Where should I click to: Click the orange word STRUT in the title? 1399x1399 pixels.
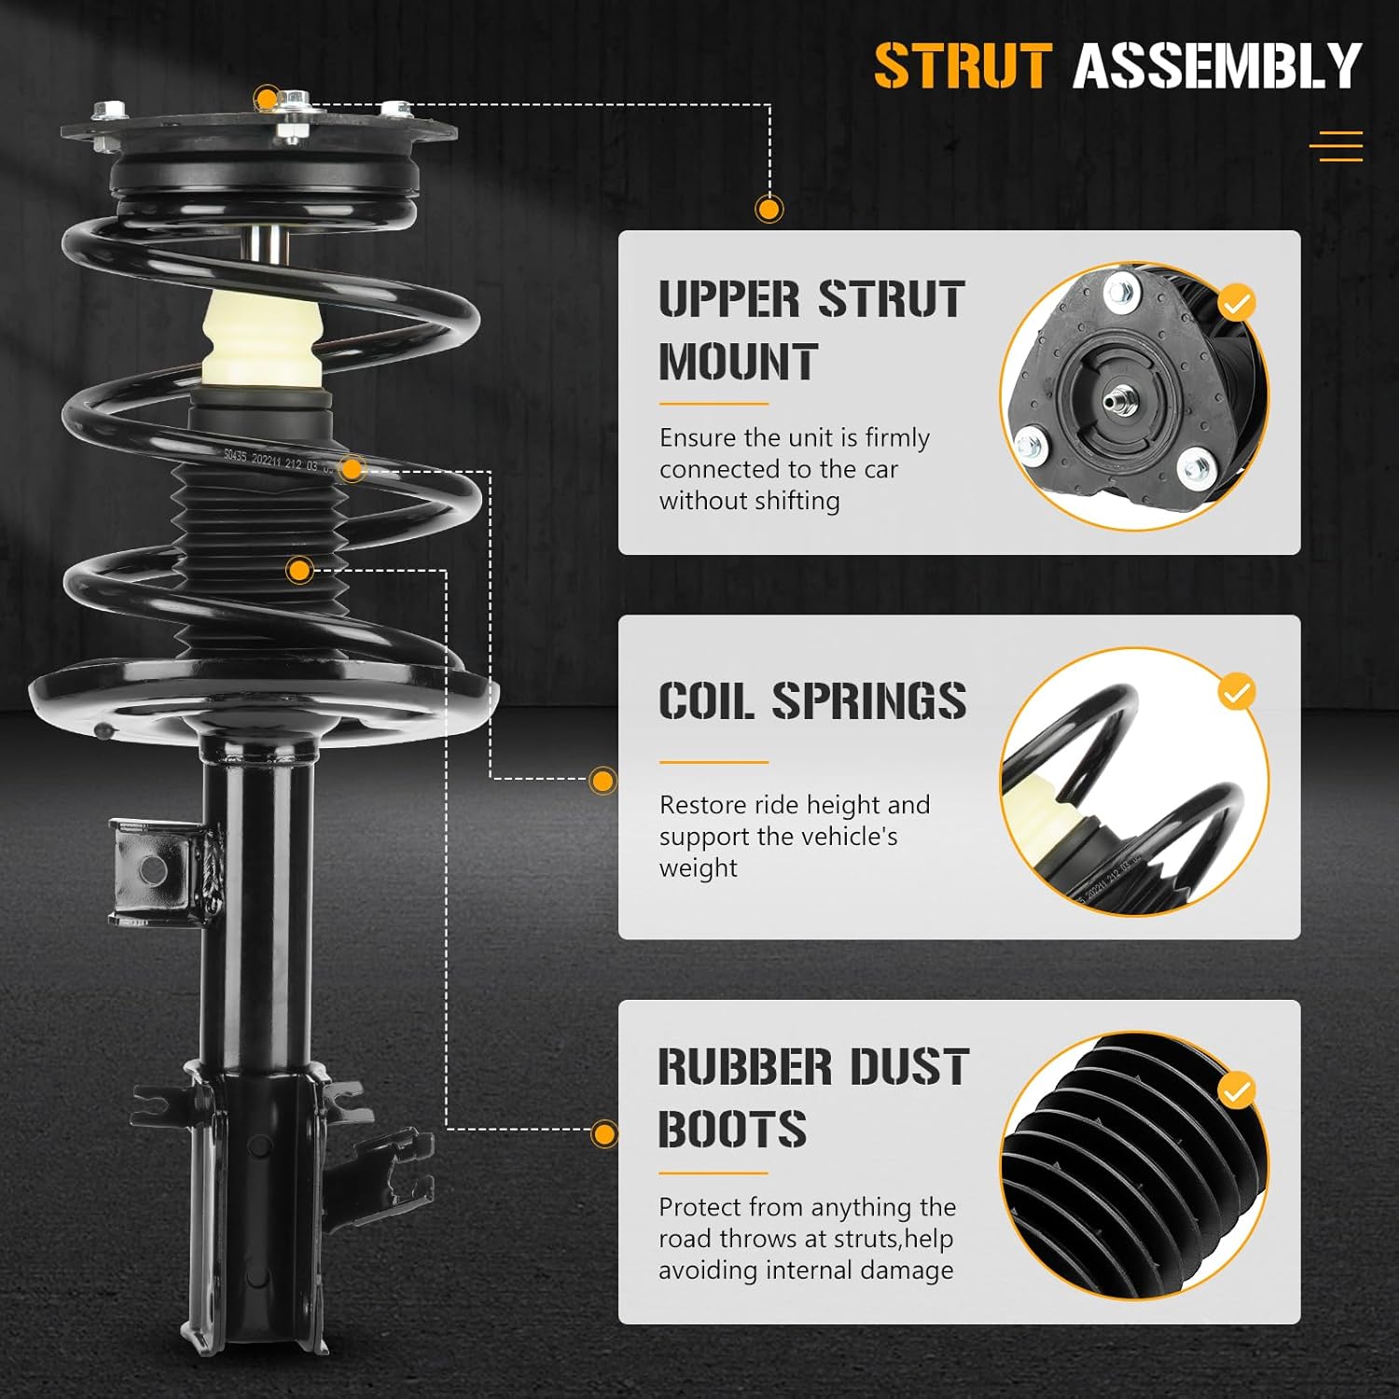click(x=963, y=66)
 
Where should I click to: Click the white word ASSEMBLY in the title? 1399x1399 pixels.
click(x=1216, y=66)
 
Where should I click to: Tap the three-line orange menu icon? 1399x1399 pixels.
click(x=1336, y=146)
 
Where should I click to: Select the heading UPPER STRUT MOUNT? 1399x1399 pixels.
click(x=810, y=330)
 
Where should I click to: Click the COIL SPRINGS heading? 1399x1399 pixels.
click(x=811, y=701)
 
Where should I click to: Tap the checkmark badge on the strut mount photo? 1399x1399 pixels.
click(x=1237, y=303)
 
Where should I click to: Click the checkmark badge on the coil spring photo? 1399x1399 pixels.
click(x=1237, y=692)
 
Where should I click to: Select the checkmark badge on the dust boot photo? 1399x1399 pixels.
click(x=1237, y=1090)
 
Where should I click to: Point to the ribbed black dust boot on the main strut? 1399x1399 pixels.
click(x=261, y=560)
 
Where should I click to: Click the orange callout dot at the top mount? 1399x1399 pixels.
click(x=267, y=98)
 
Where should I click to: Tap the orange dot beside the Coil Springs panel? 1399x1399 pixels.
click(x=603, y=781)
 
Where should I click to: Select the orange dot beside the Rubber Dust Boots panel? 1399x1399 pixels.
click(x=604, y=1134)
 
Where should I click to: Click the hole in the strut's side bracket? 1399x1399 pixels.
click(x=151, y=870)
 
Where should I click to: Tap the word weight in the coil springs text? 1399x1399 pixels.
click(x=698, y=868)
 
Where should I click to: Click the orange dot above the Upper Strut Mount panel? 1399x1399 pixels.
click(x=769, y=209)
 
